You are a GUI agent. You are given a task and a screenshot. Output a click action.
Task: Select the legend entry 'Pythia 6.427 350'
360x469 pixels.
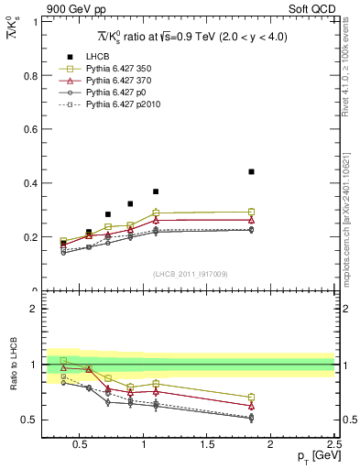113,69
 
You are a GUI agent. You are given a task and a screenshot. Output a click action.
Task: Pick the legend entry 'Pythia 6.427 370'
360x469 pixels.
113,82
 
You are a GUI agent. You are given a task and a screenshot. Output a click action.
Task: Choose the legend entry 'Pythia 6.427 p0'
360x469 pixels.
110,93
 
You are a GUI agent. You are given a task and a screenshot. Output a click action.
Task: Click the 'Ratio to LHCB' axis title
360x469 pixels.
12,364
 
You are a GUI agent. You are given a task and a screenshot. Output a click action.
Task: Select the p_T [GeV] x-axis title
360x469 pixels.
312,455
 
